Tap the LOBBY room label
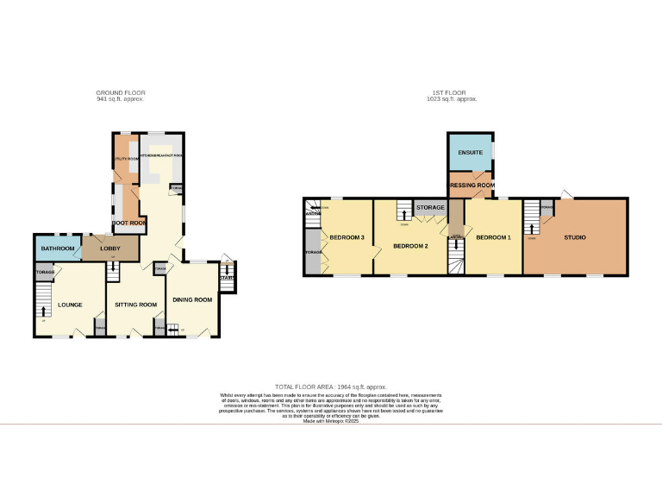[110, 248]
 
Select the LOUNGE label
[70, 305]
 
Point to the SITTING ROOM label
[136, 305]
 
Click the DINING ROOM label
[192, 299]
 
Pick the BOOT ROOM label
[129, 223]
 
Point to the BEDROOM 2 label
[410, 245]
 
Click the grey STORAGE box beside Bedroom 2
[430, 208]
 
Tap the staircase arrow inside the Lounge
[45, 311]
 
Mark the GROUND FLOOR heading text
[121, 92]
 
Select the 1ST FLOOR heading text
[452, 92]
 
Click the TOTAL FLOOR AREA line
[330, 387]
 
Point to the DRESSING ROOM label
[472, 185]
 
